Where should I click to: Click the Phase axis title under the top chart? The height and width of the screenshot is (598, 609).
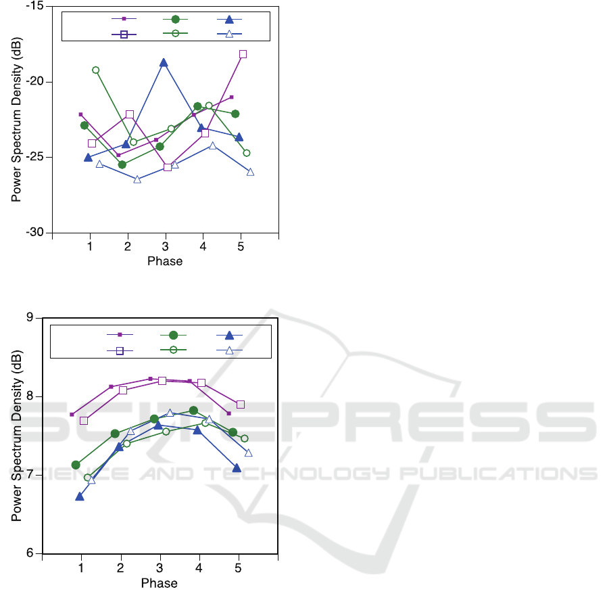pyautogui.click(x=165, y=261)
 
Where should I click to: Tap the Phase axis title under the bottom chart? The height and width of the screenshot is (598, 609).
pyautogui.click(x=160, y=583)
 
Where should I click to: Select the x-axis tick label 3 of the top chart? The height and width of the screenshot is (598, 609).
pyautogui.click(x=165, y=248)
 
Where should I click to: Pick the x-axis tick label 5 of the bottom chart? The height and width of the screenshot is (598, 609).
pyautogui.click(x=238, y=569)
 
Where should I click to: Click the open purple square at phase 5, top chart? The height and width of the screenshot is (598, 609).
pyautogui.click(x=243, y=54)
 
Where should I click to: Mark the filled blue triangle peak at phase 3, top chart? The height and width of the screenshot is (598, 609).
pyautogui.click(x=164, y=63)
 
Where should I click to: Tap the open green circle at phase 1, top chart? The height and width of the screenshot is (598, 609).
pyautogui.click(x=96, y=70)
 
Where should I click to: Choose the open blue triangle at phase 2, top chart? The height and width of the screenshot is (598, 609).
pyautogui.click(x=137, y=179)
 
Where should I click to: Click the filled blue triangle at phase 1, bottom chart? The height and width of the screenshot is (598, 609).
pyautogui.click(x=80, y=497)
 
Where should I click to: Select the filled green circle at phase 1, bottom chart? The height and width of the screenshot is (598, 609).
pyautogui.click(x=76, y=465)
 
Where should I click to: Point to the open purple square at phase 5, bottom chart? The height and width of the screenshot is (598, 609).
pyautogui.click(x=241, y=405)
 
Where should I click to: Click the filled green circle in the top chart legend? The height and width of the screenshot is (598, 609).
pyautogui.click(x=175, y=20)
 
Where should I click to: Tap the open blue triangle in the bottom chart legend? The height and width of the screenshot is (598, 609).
pyautogui.click(x=229, y=350)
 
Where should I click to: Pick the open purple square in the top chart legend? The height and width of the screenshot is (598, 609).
pyautogui.click(x=124, y=34)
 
